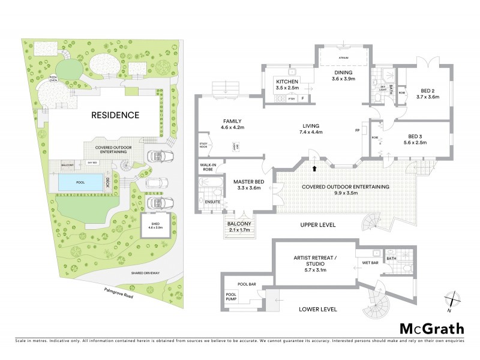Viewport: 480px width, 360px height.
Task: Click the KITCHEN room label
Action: click(x=287, y=84)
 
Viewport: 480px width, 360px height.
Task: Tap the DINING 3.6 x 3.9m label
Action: click(x=344, y=76)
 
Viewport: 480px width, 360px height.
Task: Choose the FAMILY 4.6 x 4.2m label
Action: click(x=232, y=124)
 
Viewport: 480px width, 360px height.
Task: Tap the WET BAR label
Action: click(x=370, y=262)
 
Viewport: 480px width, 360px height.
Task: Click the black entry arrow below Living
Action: click(x=314, y=160)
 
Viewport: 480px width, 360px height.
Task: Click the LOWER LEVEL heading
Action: click(x=316, y=309)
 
